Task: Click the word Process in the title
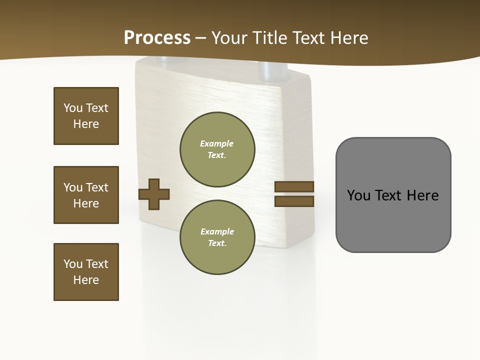pyautogui.click(x=157, y=37)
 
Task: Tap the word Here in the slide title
pyautogui.click(x=348, y=38)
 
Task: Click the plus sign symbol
pyautogui.click(x=154, y=194)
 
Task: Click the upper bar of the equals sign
pyautogui.click(x=294, y=186)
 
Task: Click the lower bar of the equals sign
pyautogui.click(x=294, y=201)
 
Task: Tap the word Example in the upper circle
pyautogui.click(x=216, y=143)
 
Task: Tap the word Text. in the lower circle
pyautogui.click(x=217, y=243)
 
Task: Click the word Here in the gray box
pyautogui.click(x=422, y=195)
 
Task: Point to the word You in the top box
pyautogui.click(x=72, y=108)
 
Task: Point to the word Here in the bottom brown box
pyautogui.click(x=86, y=280)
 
